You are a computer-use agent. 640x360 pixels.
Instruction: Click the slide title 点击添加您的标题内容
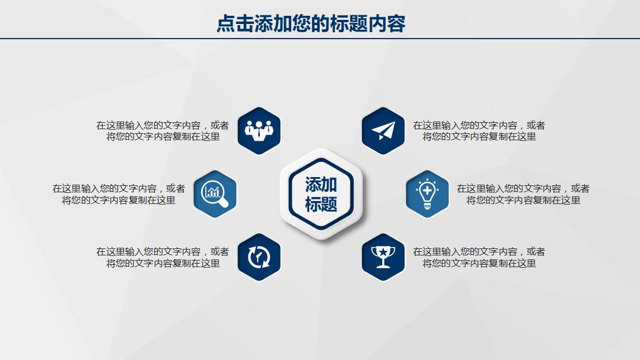pos(311,24)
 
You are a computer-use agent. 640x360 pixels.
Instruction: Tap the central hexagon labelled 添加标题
pos(321,194)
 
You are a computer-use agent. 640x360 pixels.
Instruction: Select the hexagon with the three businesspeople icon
pos(259,130)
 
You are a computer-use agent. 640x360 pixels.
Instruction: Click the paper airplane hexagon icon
pos(383,130)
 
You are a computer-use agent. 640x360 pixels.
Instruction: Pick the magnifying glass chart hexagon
pos(215,193)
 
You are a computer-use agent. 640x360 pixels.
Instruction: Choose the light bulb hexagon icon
pos(427,193)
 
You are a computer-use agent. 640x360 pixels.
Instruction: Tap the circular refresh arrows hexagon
pos(259,257)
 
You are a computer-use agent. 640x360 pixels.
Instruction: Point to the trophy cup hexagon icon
pos(383,257)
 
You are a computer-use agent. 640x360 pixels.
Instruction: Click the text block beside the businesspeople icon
pos(162,131)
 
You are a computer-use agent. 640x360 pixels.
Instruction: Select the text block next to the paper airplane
pos(479,131)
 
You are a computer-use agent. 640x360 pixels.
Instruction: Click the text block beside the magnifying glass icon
pos(119,194)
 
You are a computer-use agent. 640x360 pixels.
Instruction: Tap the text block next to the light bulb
pos(523,194)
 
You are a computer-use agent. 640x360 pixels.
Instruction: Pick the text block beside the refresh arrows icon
pos(162,257)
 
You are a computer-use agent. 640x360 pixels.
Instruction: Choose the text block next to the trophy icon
pos(479,257)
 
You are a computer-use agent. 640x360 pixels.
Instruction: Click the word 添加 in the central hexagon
pos(321,185)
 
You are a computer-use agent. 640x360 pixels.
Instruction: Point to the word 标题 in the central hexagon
pos(321,205)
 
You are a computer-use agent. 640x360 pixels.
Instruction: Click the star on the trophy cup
pos(383,252)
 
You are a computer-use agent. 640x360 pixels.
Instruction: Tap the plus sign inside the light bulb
pos(427,190)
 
